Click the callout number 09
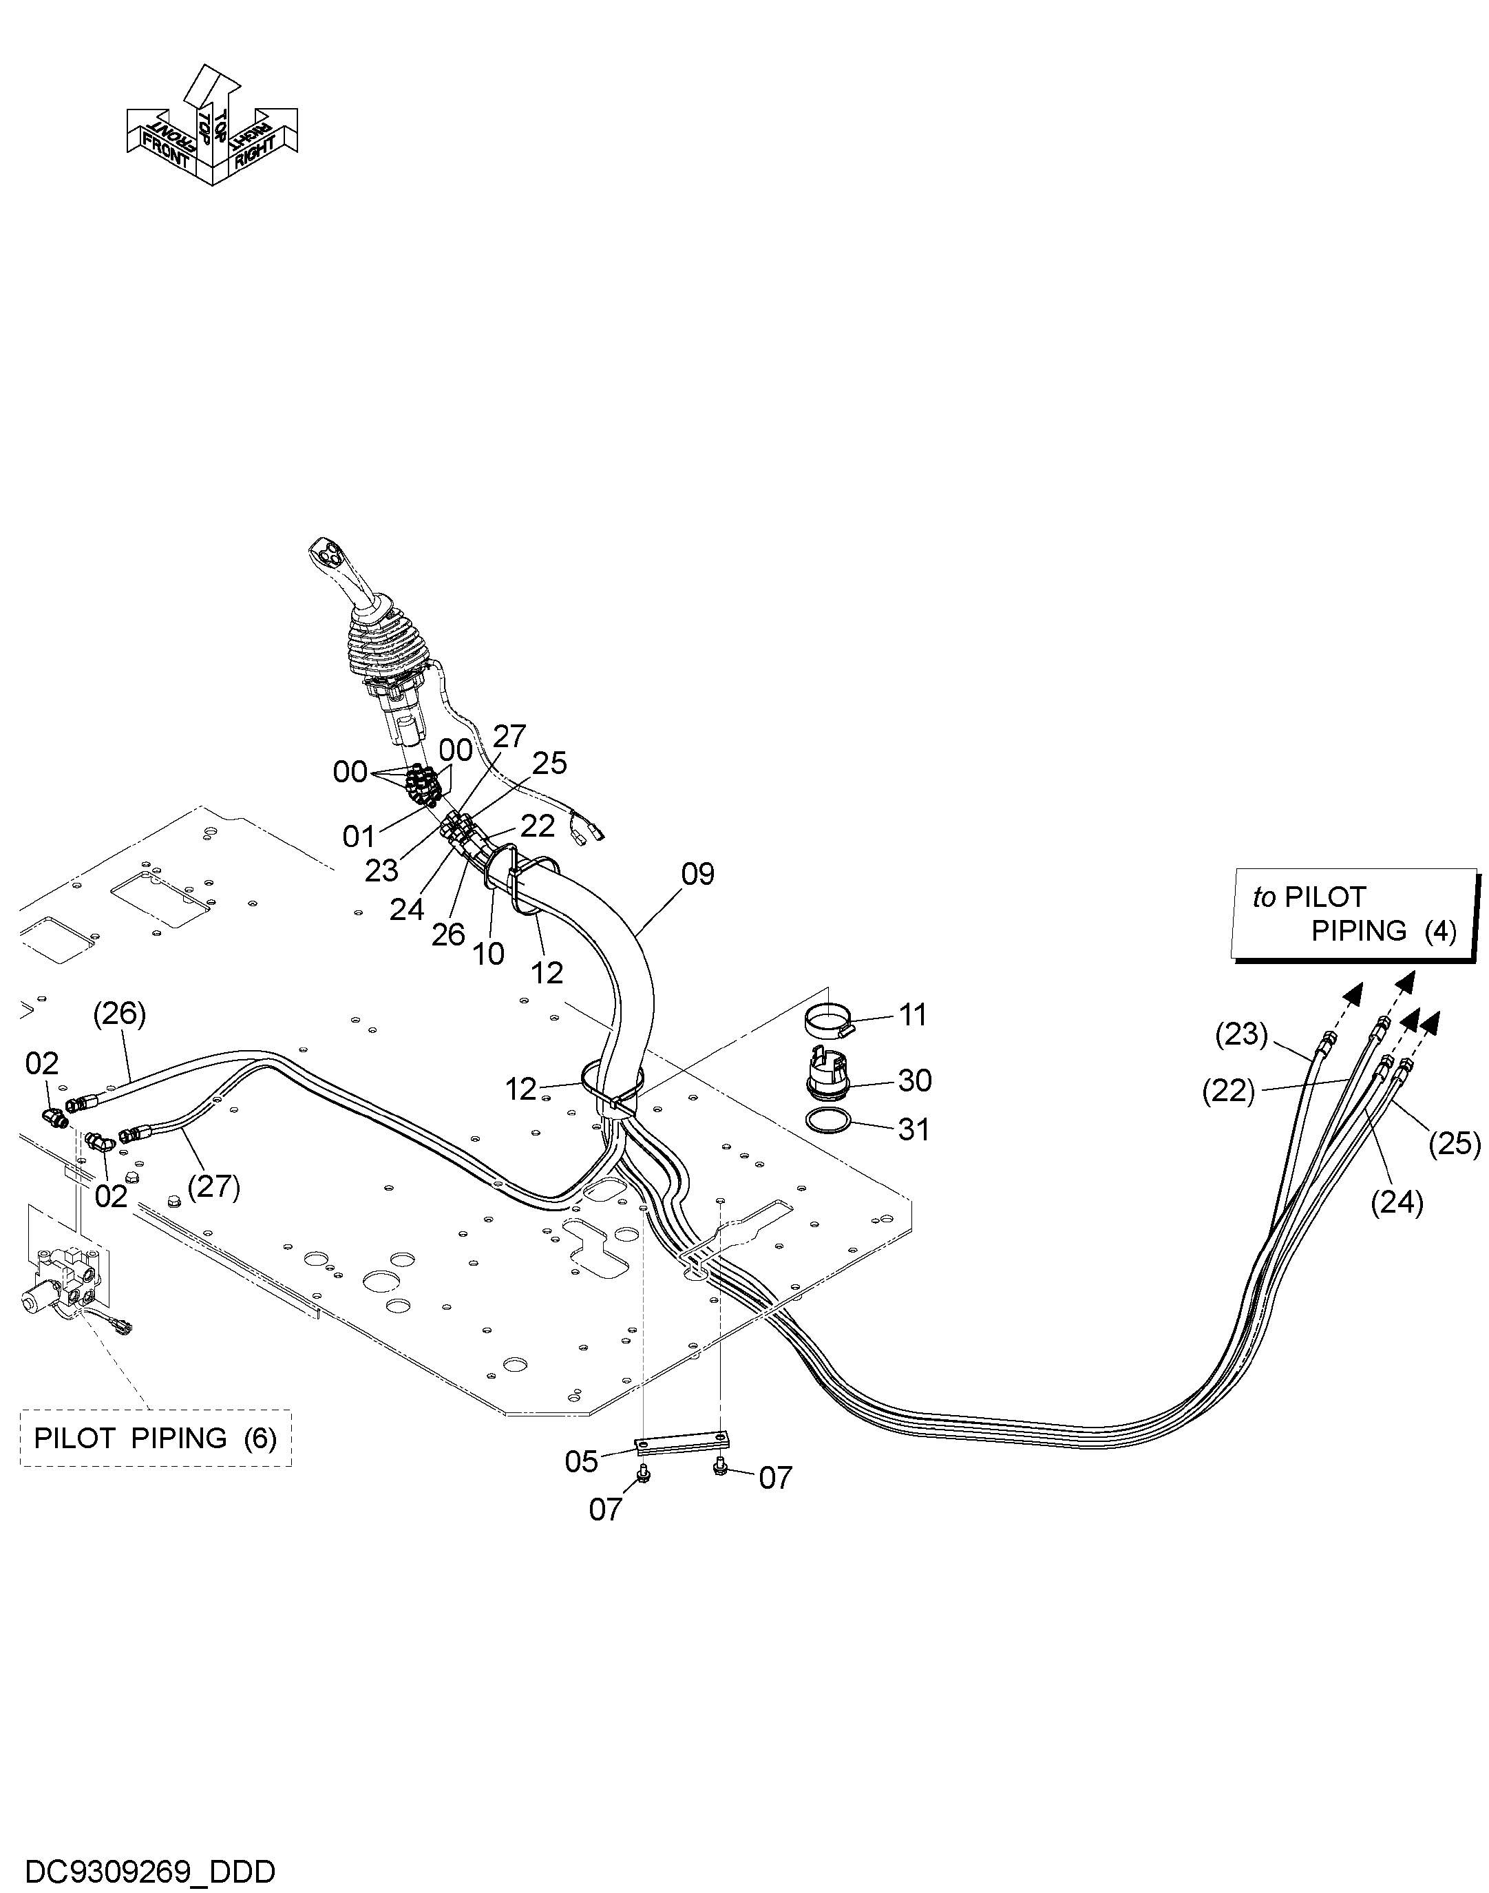pos(697,874)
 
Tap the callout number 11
pos(913,1015)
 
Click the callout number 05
pos(582,1461)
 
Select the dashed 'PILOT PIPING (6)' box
pos(156,1438)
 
